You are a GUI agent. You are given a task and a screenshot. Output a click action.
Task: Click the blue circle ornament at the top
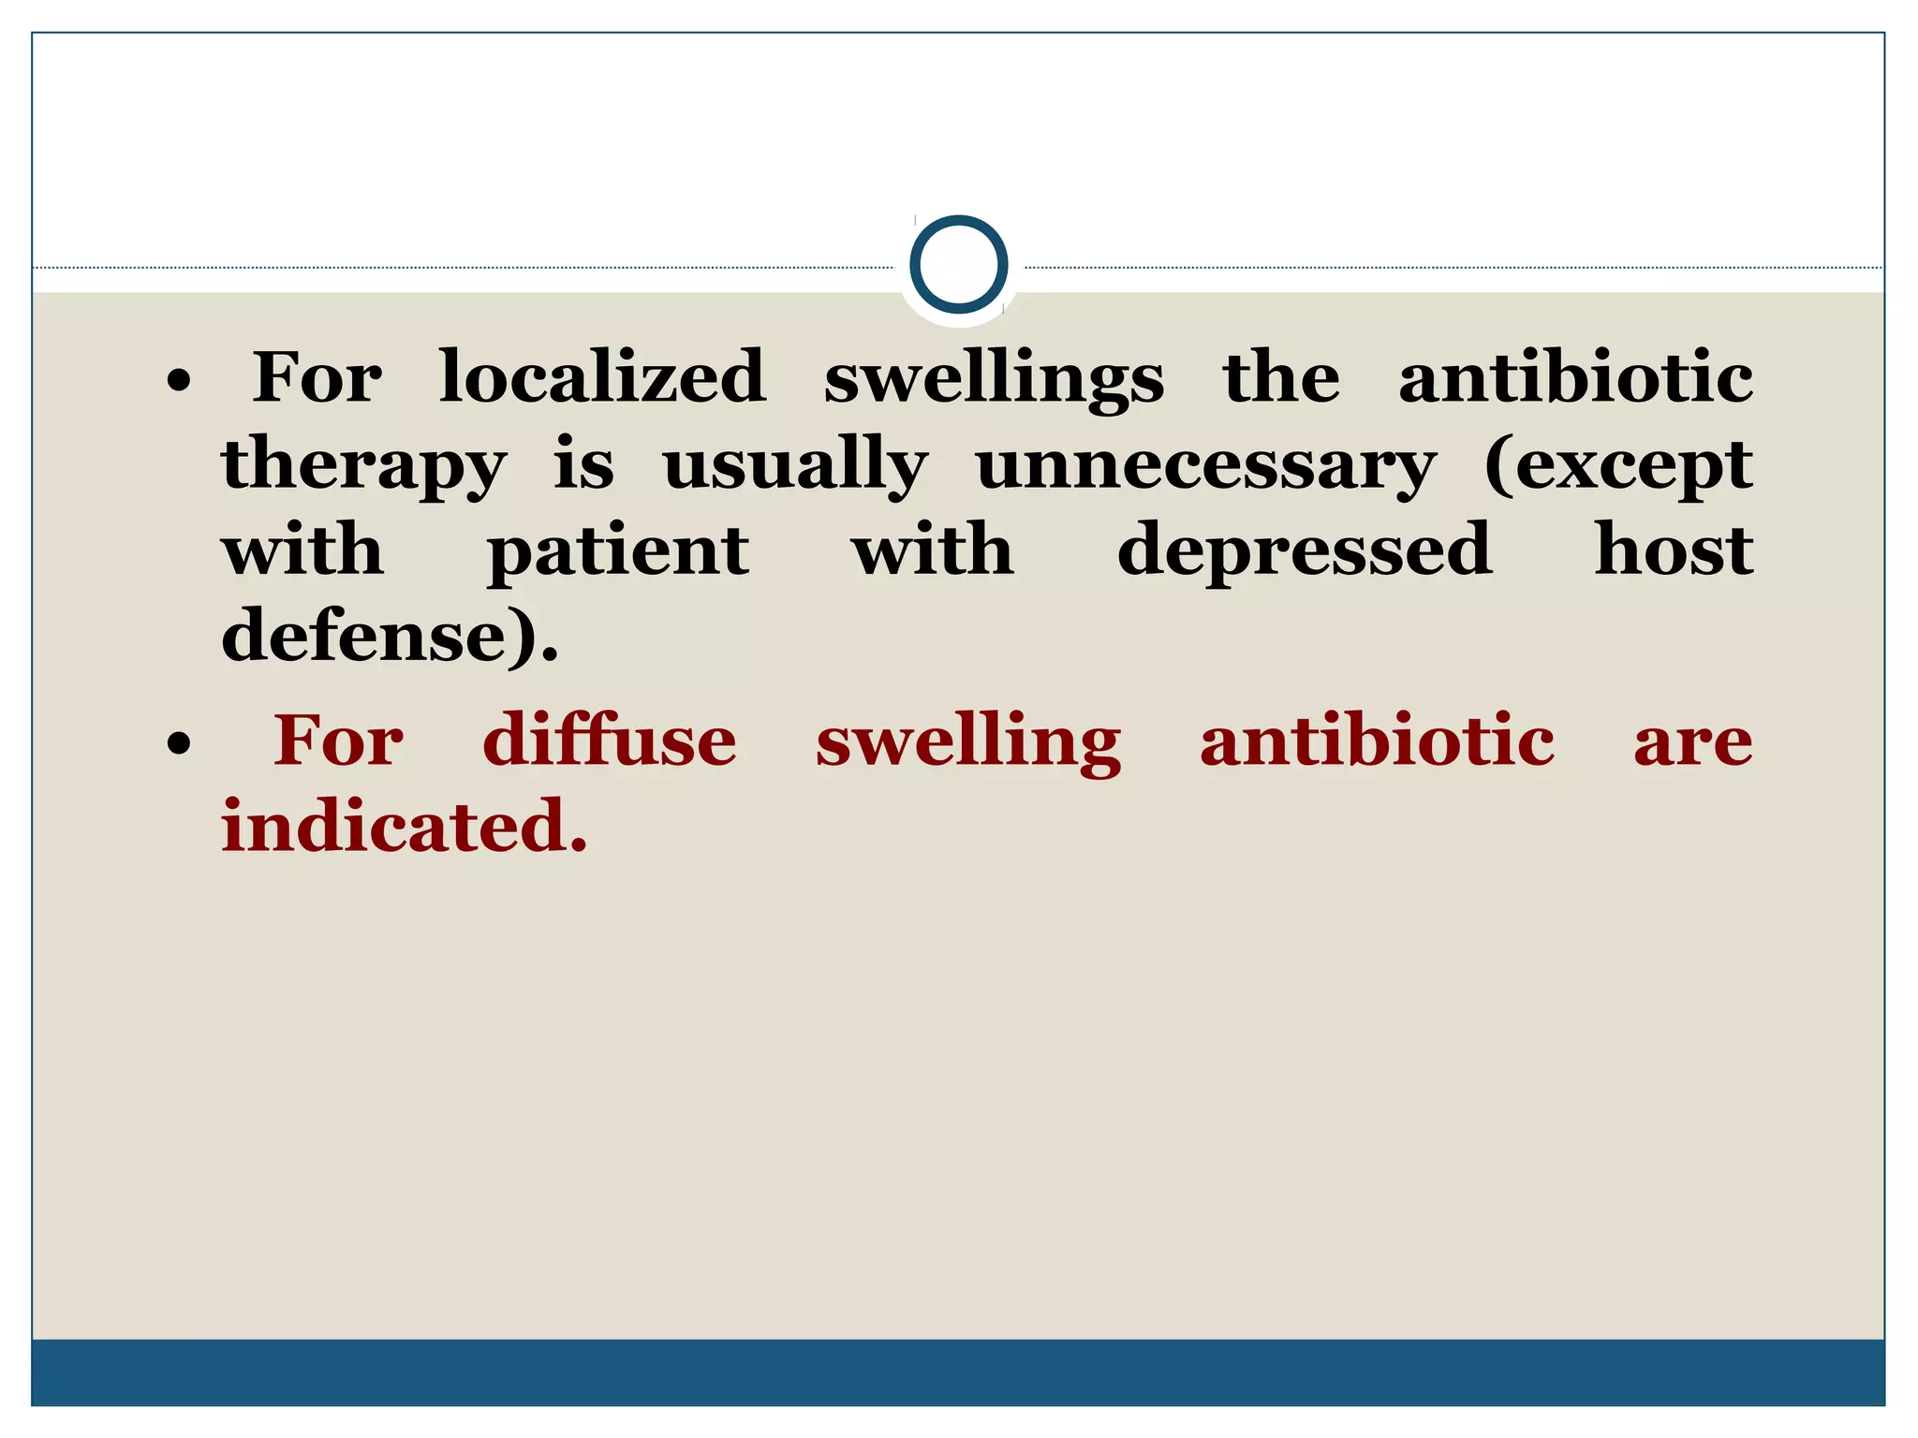958,265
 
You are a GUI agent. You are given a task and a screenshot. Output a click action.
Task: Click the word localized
603,377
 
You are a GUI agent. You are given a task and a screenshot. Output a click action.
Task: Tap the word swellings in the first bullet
994,379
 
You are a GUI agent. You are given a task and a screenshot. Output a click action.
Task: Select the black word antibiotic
1575,377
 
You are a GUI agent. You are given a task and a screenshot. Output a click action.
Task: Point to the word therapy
364,465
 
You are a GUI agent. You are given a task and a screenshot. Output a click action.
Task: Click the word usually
795,465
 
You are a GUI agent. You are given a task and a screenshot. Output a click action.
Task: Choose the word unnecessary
1205,465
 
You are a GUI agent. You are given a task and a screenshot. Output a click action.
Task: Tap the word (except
1618,465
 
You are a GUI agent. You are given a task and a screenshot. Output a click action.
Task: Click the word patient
618,551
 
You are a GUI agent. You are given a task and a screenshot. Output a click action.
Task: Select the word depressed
1305,551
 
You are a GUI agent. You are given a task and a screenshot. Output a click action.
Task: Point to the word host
1674,550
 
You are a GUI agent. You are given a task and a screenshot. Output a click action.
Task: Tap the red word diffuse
610,741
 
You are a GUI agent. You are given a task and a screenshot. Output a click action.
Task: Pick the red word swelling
968,742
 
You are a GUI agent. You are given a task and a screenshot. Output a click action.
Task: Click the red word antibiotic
1377,741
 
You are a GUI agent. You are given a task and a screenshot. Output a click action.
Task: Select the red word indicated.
405,827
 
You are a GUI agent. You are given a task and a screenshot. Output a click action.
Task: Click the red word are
1692,742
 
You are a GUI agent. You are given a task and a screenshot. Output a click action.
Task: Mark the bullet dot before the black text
179,381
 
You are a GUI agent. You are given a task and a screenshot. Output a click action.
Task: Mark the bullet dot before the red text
179,744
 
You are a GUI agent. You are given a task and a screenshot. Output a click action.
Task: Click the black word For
317,377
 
